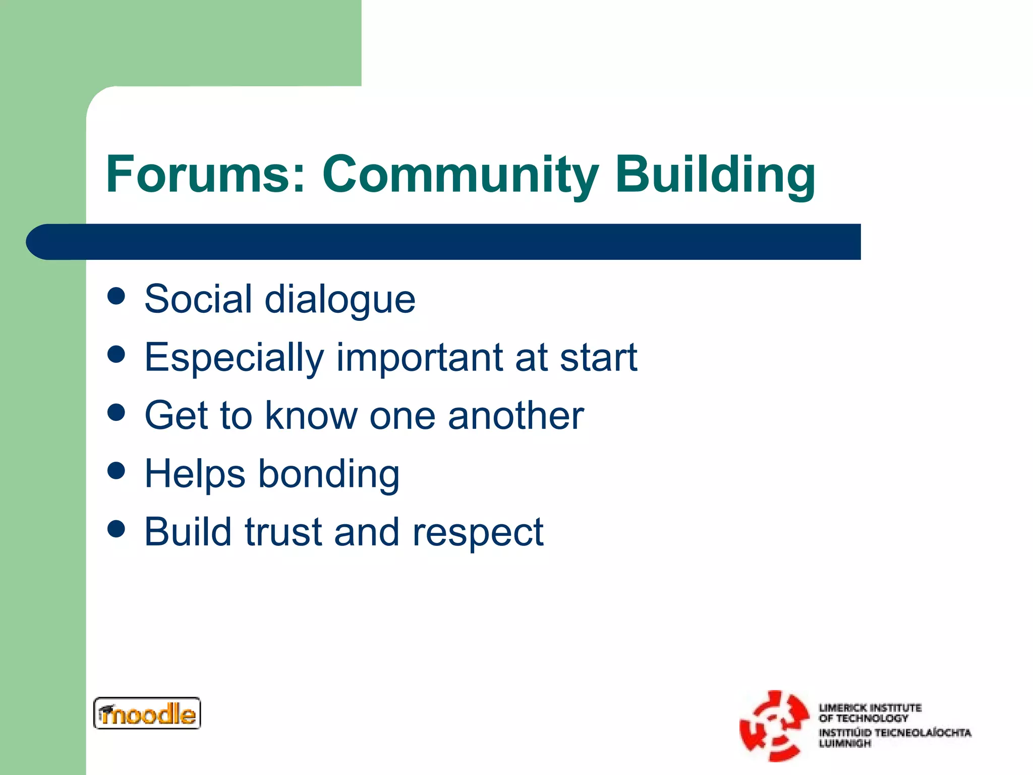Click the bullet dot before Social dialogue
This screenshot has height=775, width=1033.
click(x=116, y=296)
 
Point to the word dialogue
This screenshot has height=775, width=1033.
click(x=340, y=300)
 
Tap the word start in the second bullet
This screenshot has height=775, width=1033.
click(x=598, y=358)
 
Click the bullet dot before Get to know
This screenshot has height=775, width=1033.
click(x=116, y=412)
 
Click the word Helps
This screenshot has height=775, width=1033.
click(x=195, y=474)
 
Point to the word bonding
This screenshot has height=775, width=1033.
click(x=329, y=475)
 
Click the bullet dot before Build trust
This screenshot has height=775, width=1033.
click(x=116, y=529)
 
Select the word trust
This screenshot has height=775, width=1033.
click(x=283, y=532)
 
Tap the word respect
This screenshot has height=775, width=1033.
click(x=478, y=533)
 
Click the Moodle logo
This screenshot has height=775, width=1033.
click(x=147, y=713)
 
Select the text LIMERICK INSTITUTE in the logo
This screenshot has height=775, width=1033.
click(x=870, y=707)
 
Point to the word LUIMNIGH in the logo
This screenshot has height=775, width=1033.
click(x=844, y=743)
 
